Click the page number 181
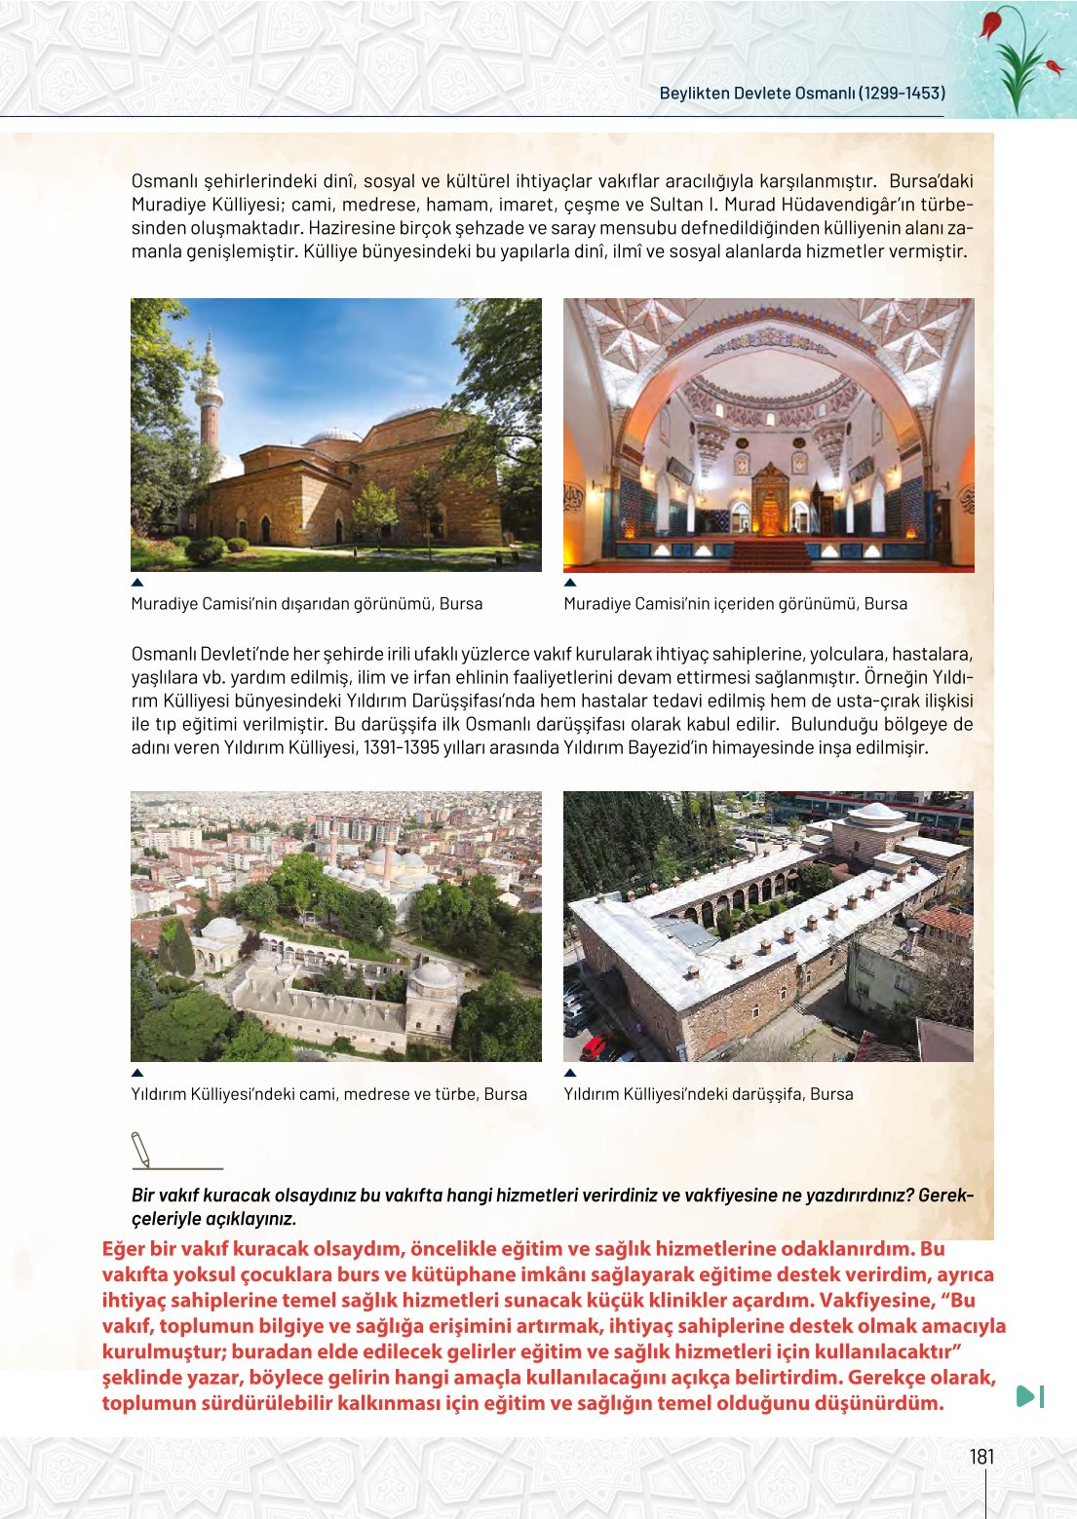point(981,1457)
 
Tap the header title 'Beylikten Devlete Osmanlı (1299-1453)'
point(802,94)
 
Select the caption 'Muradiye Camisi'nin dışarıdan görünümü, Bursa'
point(307,604)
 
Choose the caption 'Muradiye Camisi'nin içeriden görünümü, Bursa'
point(735,604)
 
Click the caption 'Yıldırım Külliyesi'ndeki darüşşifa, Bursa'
point(708,1094)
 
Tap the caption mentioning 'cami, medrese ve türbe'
point(328,1094)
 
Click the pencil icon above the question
point(141,1150)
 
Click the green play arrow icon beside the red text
point(1028,1396)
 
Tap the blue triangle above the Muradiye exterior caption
point(137,583)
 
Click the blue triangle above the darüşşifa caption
point(570,1073)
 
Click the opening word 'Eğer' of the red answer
point(123,1249)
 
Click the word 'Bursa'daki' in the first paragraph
point(931,181)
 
